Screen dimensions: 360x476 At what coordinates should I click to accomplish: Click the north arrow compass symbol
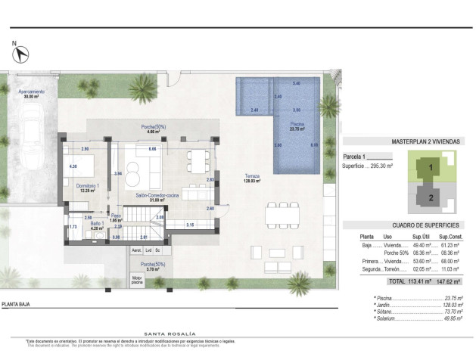point(22,55)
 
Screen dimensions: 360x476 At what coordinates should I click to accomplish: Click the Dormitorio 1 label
point(87,187)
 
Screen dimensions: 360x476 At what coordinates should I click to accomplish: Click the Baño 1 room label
point(95,224)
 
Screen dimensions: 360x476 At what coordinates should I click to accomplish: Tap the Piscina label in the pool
point(296,126)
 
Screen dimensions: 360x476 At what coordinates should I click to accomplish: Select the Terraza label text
point(252,178)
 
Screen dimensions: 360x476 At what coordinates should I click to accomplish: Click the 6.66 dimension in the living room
point(152,149)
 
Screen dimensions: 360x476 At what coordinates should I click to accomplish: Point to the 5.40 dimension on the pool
point(297,82)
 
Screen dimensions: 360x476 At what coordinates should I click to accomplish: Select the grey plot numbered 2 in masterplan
point(431,199)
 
